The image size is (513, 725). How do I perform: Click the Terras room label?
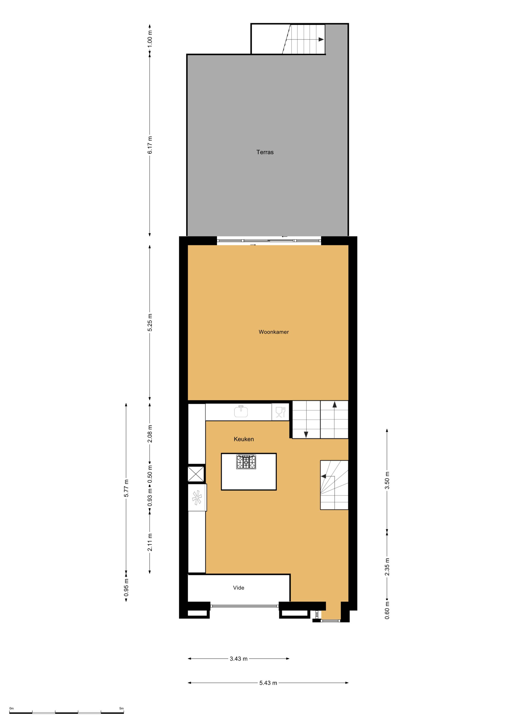click(265, 152)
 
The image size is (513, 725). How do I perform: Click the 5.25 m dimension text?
click(150, 322)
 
